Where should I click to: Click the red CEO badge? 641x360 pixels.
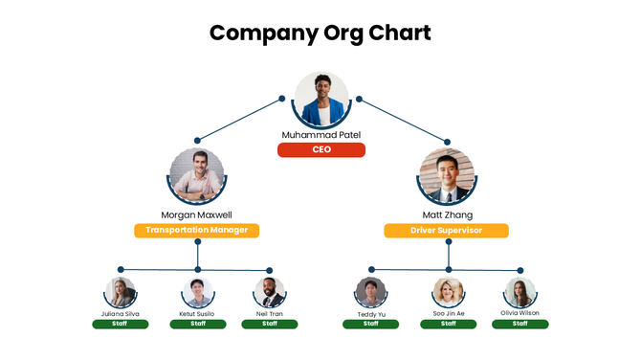coord(321,149)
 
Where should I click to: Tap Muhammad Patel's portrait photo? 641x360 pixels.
coord(321,100)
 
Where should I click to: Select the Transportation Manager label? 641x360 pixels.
coord(197,230)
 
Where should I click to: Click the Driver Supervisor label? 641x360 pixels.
coord(446,231)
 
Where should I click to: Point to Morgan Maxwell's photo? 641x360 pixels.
coord(197,175)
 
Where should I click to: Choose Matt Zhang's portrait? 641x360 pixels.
coord(447,176)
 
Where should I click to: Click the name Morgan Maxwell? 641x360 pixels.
coord(197,214)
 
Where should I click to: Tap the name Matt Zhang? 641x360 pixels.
coord(447,214)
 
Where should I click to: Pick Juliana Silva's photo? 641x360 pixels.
coord(121,292)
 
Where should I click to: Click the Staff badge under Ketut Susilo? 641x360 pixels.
coord(198,324)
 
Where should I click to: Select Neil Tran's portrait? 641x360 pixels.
coord(270,293)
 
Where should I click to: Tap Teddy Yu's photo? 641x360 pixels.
coord(370,292)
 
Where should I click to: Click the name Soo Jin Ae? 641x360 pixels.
coord(448,313)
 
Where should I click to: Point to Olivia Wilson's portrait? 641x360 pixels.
coord(520,292)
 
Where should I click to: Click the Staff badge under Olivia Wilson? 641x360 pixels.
coord(520,324)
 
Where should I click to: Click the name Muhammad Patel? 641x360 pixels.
coord(321,135)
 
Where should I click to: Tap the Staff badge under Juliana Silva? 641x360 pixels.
coord(121,324)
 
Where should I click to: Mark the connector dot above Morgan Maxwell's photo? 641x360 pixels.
coord(197,141)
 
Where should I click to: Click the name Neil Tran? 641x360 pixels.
coord(270,314)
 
